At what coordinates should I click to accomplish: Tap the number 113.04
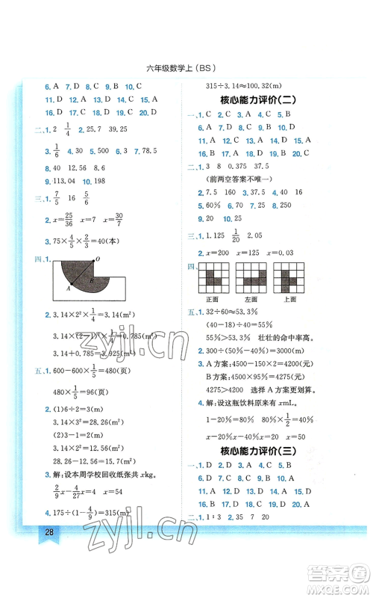pyautogui.click(x=57, y=181)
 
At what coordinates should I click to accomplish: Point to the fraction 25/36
pyautogui.click(x=67, y=216)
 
